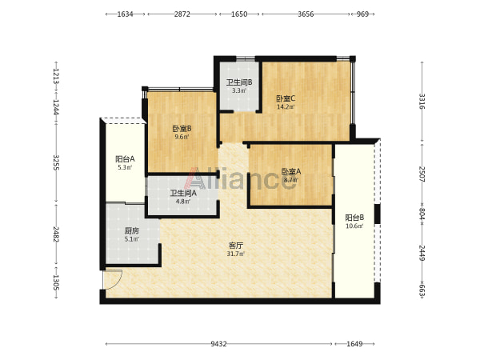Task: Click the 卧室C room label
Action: (x=286, y=99)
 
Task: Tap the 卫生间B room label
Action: (x=239, y=82)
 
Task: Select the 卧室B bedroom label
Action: (x=182, y=129)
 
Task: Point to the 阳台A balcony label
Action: (x=125, y=159)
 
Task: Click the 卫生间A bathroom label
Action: (x=183, y=193)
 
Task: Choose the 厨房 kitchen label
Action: (x=132, y=231)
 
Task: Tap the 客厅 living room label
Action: (x=236, y=246)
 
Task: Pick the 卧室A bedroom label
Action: (x=291, y=171)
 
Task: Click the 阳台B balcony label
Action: (x=354, y=218)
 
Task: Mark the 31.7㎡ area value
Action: (x=235, y=254)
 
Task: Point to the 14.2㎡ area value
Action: (x=286, y=107)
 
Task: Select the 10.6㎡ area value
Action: (x=354, y=226)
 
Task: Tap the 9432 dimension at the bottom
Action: (x=218, y=344)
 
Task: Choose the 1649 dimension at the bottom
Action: (x=354, y=344)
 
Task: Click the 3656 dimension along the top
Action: (x=306, y=14)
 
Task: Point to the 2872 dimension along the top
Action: (x=182, y=14)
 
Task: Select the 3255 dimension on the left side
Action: (x=56, y=162)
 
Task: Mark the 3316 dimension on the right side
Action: (x=422, y=102)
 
